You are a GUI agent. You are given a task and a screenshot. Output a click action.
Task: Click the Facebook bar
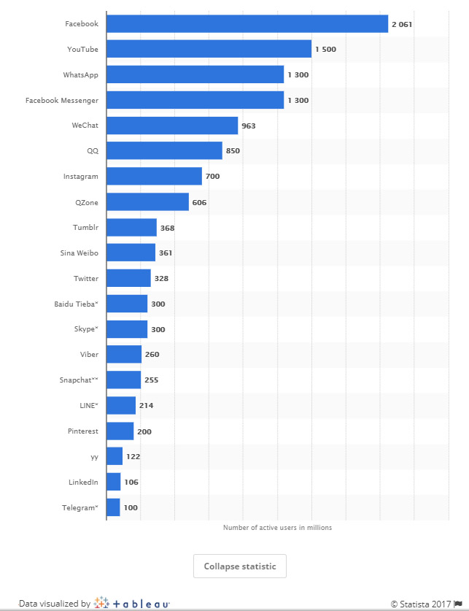(247, 24)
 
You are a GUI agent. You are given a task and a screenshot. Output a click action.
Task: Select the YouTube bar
(209, 49)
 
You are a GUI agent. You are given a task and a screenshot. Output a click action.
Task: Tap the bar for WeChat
(172, 126)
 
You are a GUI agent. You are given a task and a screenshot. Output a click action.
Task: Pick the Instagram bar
(154, 176)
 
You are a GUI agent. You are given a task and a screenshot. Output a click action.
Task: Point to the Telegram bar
(113, 507)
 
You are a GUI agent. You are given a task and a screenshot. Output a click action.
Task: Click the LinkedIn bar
(114, 482)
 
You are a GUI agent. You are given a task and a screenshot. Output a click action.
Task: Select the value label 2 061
(402, 24)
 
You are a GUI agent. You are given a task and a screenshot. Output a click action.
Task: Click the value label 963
(248, 126)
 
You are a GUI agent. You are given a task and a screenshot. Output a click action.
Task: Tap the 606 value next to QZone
(199, 203)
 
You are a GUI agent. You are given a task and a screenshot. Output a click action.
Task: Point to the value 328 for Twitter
(161, 279)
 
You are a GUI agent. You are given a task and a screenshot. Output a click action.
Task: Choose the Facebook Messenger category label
(62, 101)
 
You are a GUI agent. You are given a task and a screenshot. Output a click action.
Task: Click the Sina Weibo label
(79, 253)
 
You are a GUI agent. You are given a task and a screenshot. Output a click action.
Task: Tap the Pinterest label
(83, 431)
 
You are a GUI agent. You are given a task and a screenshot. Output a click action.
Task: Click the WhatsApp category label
(80, 74)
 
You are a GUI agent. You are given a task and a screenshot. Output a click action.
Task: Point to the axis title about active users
(277, 528)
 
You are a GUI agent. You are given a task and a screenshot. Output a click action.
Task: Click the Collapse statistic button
(240, 566)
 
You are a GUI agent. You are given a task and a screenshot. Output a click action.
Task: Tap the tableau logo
(131, 603)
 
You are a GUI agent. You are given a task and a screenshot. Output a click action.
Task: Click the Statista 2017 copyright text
(421, 604)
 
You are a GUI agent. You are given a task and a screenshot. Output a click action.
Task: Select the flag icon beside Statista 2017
(459, 604)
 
